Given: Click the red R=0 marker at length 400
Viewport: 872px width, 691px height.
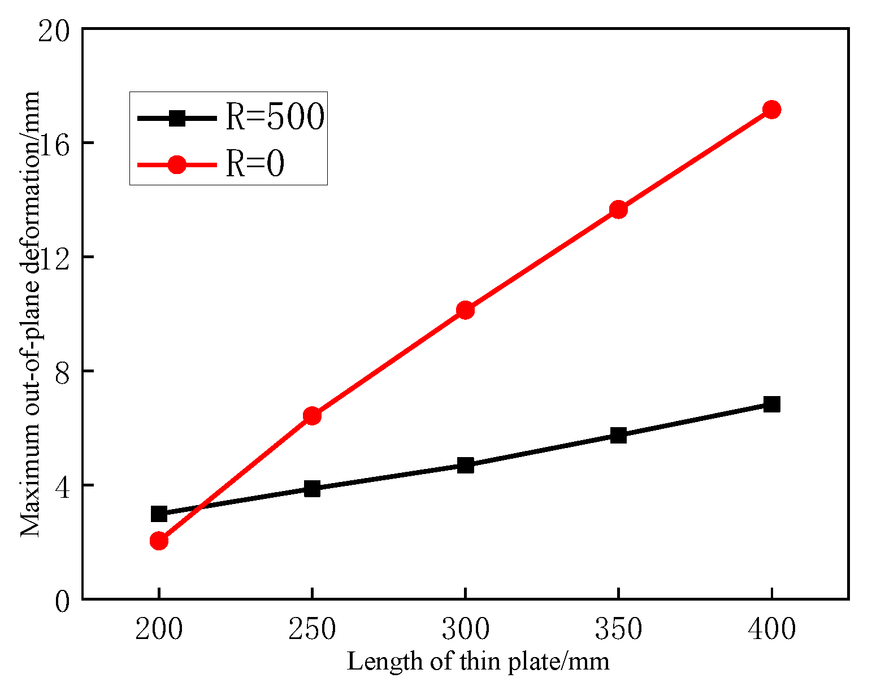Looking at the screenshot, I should point(771,110).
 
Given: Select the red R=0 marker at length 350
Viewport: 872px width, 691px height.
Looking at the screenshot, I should point(618,210).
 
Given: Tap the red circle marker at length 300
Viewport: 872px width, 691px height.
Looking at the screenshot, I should point(465,310).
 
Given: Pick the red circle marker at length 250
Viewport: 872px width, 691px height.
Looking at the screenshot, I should point(312,416).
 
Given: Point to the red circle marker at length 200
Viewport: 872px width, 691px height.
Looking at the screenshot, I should point(159,541).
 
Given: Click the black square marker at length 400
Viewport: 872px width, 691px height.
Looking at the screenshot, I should point(771,404).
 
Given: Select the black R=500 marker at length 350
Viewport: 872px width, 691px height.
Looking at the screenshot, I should point(618,435).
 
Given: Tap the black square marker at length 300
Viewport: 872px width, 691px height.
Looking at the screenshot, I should point(465,465).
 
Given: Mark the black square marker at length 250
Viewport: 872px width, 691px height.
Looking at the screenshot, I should point(312,489).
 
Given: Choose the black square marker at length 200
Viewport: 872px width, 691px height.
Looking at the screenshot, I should point(159,514).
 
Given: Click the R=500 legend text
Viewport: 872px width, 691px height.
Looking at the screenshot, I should point(275,118).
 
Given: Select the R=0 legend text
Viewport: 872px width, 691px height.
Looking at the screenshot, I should point(254,164).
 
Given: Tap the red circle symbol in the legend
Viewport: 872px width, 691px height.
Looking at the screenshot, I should point(177,164).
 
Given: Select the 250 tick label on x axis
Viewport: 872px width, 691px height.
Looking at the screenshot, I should point(312,628).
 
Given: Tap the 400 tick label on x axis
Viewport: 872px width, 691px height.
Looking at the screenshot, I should point(771,628).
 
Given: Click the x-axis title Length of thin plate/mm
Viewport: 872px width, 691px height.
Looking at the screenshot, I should point(478,662).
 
